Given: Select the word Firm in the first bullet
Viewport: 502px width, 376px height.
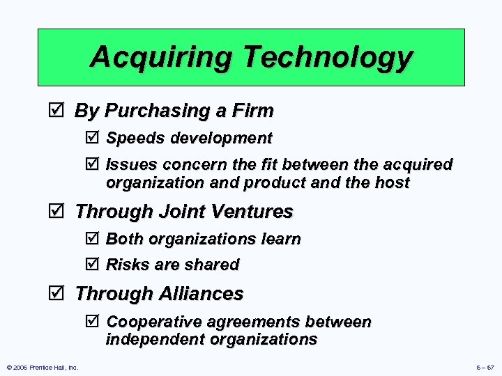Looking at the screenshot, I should click(254, 111).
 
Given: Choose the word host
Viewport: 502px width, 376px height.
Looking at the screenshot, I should click(392, 182).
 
